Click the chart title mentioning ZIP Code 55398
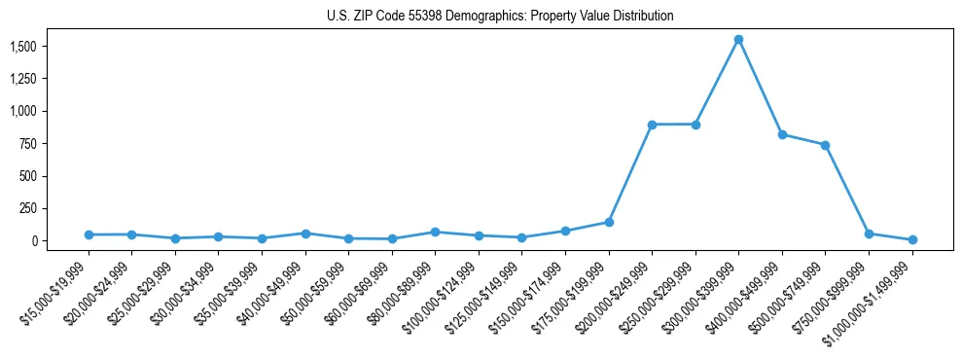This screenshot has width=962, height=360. (499, 17)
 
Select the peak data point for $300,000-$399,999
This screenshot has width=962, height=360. (738, 39)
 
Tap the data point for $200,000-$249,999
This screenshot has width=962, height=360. (652, 125)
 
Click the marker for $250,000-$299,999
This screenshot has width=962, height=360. (695, 125)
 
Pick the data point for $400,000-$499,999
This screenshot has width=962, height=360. (782, 134)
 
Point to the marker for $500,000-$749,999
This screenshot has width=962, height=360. (825, 145)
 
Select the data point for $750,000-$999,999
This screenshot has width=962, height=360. (869, 234)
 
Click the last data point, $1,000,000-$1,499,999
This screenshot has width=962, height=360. (912, 239)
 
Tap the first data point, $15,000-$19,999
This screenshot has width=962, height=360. (89, 234)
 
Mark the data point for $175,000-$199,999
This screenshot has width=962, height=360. (609, 222)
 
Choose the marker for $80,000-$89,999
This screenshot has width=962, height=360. (435, 232)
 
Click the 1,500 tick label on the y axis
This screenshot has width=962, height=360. (22, 47)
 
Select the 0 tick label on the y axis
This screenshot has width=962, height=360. (32, 240)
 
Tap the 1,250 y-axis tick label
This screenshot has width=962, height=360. (22, 79)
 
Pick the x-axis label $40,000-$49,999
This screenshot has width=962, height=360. (272, 293)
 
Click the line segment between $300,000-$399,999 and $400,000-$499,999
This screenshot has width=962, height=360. (760, 87)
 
